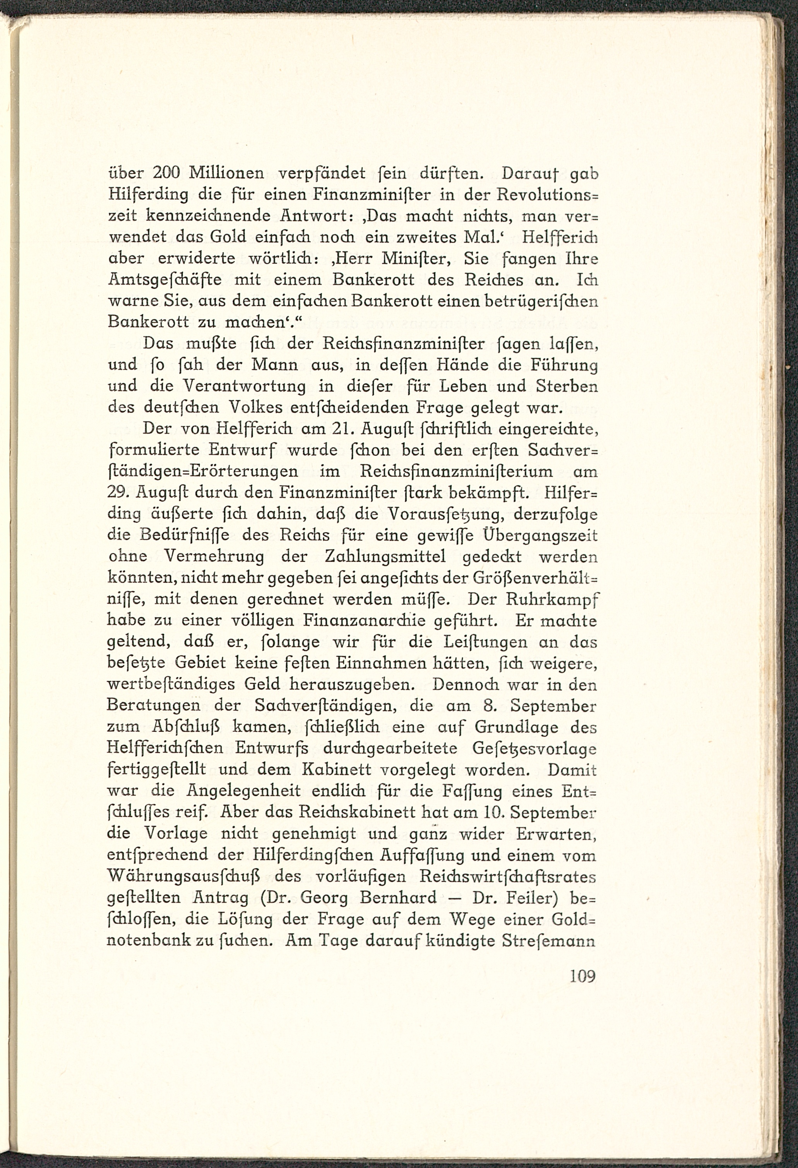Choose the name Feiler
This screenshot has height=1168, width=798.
[x=541, y=898]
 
